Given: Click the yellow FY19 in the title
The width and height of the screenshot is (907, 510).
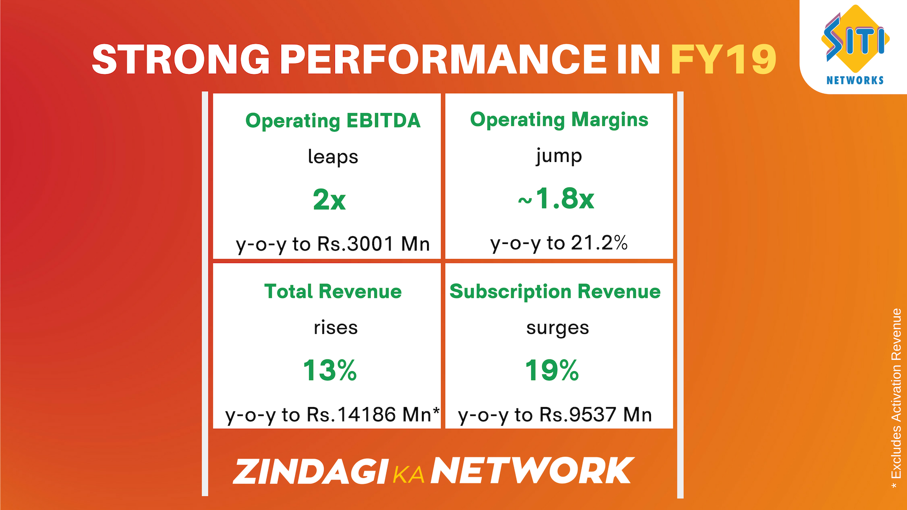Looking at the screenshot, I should (x=723, y=59).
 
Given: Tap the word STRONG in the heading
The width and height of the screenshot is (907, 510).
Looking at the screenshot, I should (x=181, y=59).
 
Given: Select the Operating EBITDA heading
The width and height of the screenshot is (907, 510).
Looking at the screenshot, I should (x=333, y=120).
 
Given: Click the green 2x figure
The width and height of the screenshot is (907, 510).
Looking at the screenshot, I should (x=329, y=200).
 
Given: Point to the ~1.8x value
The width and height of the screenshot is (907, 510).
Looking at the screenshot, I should (x=556, y=198).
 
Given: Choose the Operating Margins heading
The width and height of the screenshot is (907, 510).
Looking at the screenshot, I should (x=559, y=119).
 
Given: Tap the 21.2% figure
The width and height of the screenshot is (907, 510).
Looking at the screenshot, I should (x=599, y=243).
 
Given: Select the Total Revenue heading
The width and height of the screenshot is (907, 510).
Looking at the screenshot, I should (x=333, y=291).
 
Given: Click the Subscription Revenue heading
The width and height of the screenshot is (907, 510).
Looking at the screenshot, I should (x=555, y=291).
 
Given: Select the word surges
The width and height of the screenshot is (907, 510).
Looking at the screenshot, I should (x=557, y=328).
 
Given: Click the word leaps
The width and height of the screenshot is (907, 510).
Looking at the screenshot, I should (x=333, y=157).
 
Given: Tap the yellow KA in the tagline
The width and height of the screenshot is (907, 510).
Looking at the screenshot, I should (x=409, y=475).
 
